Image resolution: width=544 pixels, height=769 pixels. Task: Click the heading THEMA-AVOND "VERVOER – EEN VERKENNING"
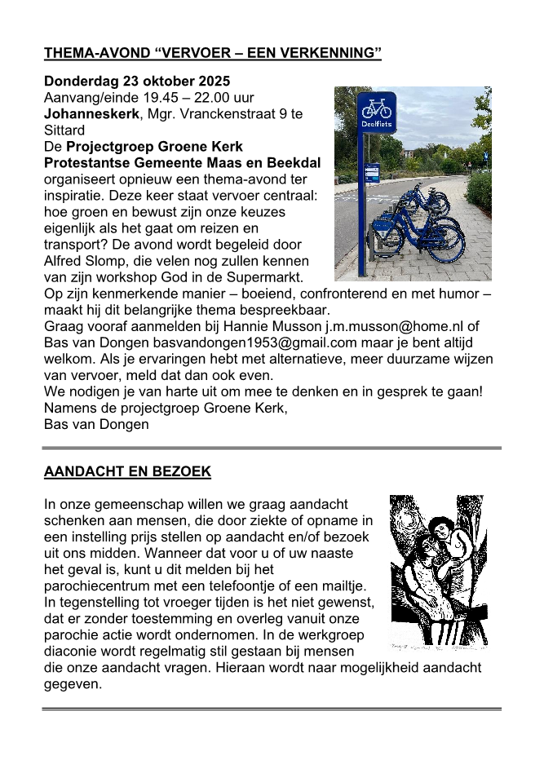tap(213, 55)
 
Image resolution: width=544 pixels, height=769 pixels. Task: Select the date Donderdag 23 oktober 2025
tap(137, 82)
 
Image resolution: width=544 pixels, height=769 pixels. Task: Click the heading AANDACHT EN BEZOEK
tap(127, 471)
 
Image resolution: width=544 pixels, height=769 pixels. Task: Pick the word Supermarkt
tap(272, 276)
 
